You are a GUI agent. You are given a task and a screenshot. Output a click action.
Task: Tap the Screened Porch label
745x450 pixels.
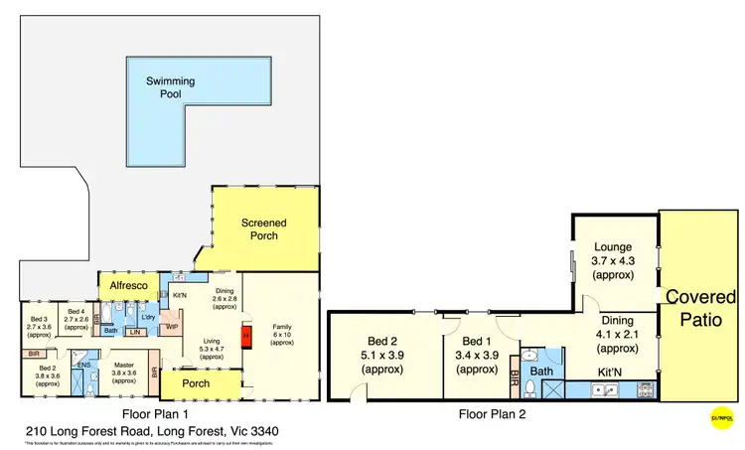click(264, 229)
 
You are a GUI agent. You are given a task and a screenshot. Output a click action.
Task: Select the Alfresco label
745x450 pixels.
click(129, 286)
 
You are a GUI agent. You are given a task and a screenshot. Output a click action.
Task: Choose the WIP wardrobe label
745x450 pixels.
click(172, 326)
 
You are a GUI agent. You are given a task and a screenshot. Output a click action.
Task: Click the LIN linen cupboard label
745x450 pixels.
click(136, 333)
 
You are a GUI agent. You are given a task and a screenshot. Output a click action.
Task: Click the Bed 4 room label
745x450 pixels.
click(76, 318)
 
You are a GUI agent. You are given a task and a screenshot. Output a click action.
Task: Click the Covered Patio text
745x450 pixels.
click(700, 308)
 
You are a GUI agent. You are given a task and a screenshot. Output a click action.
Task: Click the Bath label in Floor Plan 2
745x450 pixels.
click(540, 373)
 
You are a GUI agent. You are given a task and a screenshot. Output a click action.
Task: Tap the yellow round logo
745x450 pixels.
click(723, 418)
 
